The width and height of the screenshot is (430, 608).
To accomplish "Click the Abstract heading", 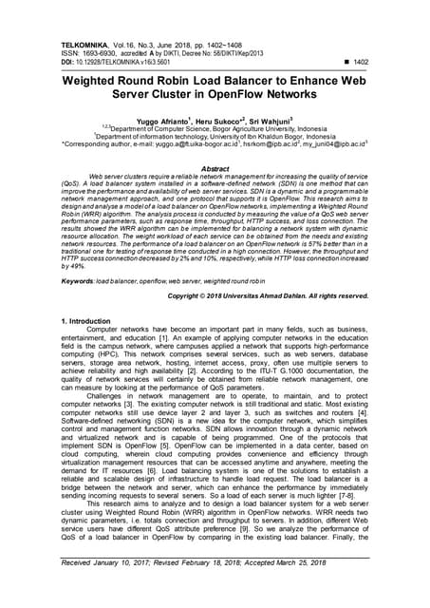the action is pyautogui.click(x=215, y=166).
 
